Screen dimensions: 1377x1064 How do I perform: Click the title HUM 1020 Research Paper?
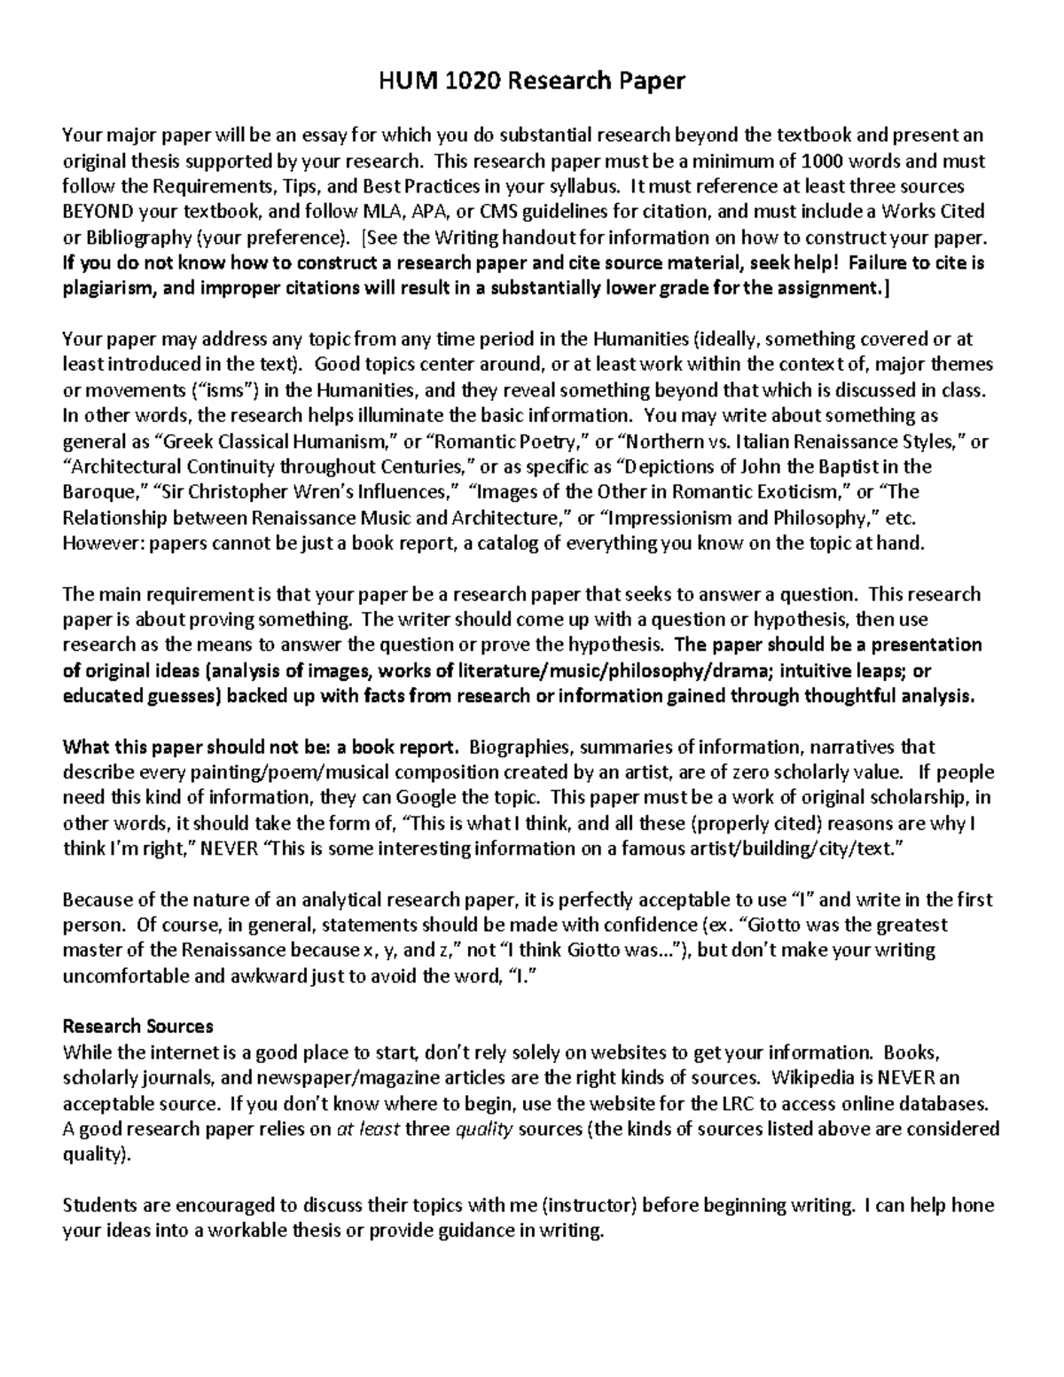532,82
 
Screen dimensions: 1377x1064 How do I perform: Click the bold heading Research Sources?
138,1027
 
